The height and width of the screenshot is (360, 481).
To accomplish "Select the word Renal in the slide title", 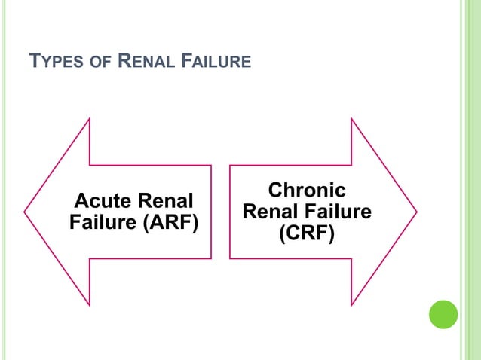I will [x=148, y=61].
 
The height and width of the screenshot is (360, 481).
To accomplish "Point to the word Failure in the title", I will [x=218, y=61].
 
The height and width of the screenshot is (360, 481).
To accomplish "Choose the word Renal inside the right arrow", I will [x=274, y=212].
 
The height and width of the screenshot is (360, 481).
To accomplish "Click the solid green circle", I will [x=443, y=314].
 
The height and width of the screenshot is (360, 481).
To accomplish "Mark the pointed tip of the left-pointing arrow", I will [x=25, y=211].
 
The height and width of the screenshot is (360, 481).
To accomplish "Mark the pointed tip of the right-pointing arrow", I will [x=416, y=211].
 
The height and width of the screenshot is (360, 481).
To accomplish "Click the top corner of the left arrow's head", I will [x=90, y=118].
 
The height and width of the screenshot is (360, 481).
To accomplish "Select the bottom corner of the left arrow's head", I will [x=90, y=305].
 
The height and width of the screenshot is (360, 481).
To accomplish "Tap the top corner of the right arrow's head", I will [x=351, y=118].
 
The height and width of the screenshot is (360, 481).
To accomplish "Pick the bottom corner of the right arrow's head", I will [x=351, y=305].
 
